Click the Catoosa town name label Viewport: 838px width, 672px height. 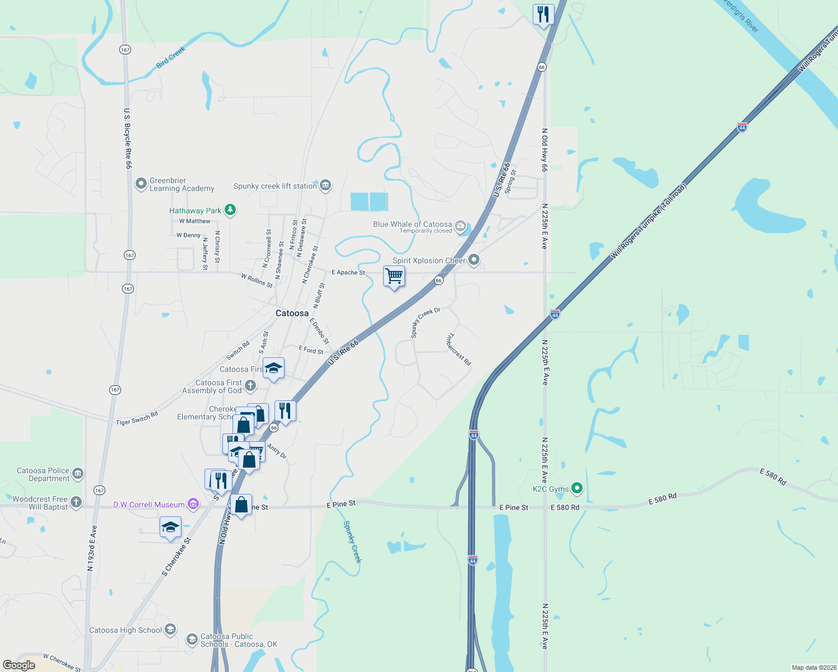click(x=292, y=313)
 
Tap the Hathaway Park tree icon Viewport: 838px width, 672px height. click(x=230, y=210)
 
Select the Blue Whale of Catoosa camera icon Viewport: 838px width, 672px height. click(x=460, y=226)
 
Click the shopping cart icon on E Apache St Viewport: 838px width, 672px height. click(x=394, y=276)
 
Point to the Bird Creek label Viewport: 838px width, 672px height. click(x=171, y=58)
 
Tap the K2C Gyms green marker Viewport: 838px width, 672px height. click(x=576, y=488)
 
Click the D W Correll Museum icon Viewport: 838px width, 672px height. click(x=193, y=504)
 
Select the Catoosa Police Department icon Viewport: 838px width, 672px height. click(x=78, y=474)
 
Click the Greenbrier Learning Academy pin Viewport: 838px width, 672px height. click(x=141, y=184)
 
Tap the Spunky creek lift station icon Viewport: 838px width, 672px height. click(x=325, y=185)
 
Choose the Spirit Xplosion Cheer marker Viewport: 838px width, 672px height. click(x=474, y=260)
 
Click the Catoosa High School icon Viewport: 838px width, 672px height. click(x=170, y=629)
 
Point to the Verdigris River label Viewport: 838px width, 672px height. click(x=741, y=16)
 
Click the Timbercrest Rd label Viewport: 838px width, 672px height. click(x=459, y=349)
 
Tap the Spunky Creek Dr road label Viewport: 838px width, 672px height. click(x=425, y=322)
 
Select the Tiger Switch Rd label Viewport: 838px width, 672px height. click(x=137, y=418)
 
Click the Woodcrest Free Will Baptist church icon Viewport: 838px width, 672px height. click(x=76, y=502)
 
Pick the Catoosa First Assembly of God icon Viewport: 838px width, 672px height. click(x=250, y=385)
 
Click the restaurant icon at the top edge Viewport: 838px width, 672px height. click(x=543, y=14)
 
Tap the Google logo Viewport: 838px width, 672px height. click(x=19, y=665)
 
